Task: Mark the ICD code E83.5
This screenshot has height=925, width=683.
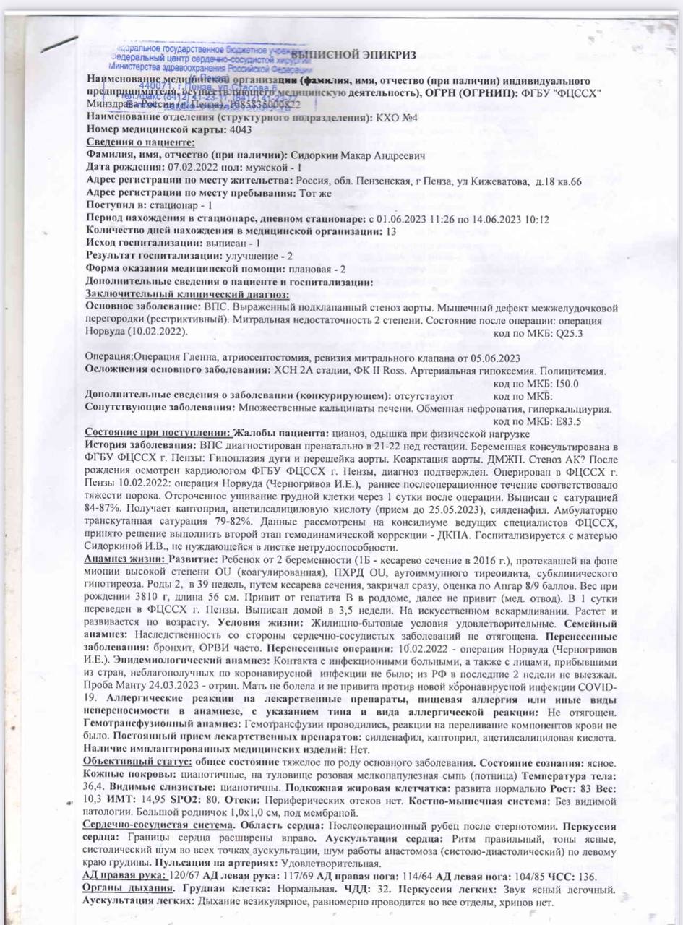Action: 567,421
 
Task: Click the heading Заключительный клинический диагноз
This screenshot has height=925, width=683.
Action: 187,294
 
